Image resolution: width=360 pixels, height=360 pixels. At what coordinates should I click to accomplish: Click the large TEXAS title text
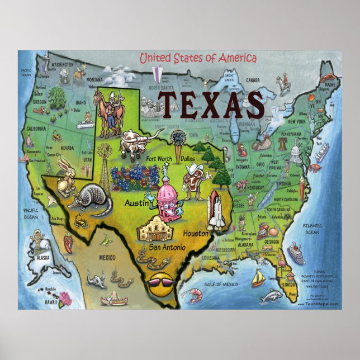click(210, 105)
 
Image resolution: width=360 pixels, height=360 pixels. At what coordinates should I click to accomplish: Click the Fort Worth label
click(159, 158)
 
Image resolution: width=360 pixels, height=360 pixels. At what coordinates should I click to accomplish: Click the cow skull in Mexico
click(99, 277)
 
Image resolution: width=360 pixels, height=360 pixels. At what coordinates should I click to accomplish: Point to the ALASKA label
click(42, 259)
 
